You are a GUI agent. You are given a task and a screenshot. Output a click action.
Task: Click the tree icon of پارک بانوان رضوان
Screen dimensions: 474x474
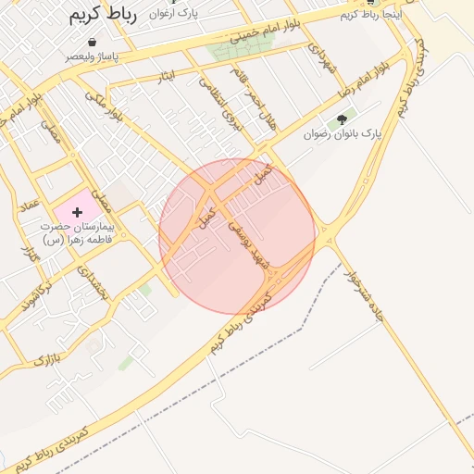343,118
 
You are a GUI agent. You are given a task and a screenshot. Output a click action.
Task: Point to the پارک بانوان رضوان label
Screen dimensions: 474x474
343,135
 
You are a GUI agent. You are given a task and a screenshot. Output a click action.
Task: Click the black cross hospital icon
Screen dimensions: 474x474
76,212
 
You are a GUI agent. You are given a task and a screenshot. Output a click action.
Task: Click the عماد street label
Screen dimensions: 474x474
31,202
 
